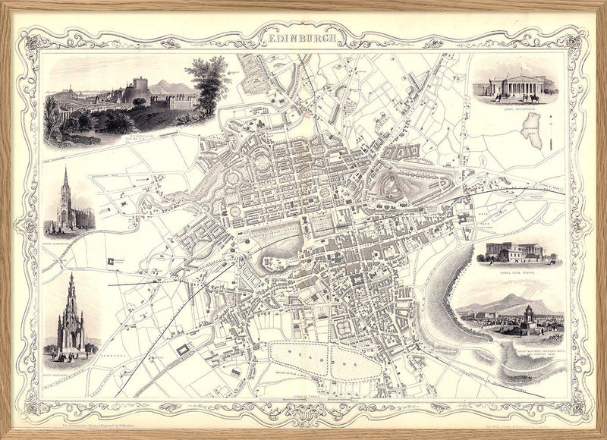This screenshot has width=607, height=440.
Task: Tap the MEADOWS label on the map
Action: [322, 360]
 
